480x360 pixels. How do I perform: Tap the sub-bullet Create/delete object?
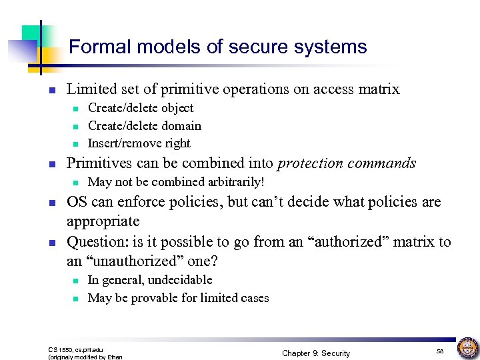pyautogui.click(x=141, y=108)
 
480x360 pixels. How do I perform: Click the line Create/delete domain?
pyautogui.click(x=144, y=126)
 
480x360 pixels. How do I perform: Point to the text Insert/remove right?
pyautogui.click(x=139, y=143)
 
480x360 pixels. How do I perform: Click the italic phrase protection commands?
pyautogui.click(x=347, y=163)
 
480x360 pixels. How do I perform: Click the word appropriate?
pyautogui.click(x=103, y=221)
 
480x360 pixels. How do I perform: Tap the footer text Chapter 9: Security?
pyautogui.click(x=315, y=353)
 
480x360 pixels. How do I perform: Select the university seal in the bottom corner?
pyautogui.click(x=467, y=347)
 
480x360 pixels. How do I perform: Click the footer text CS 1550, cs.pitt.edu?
pyautogui.click(x=76, y=349)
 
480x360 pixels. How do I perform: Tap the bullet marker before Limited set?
pyautogui.click(x=53, y=90)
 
